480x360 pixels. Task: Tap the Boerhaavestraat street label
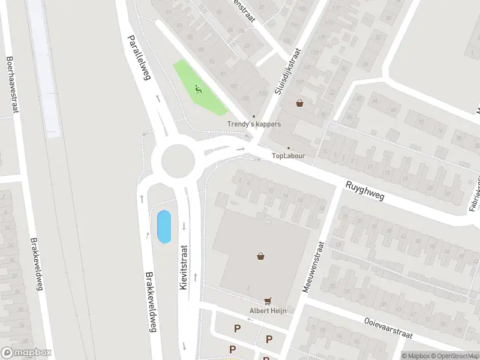click(x=10, y=84)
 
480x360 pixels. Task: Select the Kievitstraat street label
click(x=184, y=268)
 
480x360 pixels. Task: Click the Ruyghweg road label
click(x=364, y=193)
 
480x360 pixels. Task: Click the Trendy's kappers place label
click(x=254, y=125)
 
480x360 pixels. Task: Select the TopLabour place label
click(x=289, y=156)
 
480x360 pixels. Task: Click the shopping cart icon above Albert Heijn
click(x=268, y=301)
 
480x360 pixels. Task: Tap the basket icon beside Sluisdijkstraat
click(x=299, y=103)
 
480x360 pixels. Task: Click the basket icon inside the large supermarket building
click(x=261, y=256)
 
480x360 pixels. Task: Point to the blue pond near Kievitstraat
click(x=163, y=227)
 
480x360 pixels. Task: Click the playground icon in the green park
click(x=199, y=90)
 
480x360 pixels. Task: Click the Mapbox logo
click(x=26, y=353)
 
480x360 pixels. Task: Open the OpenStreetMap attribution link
click(x=452, y=356)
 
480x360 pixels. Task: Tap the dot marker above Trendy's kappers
click(x=254, y=116)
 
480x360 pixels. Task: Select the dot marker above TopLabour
click(x=289, y=148)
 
